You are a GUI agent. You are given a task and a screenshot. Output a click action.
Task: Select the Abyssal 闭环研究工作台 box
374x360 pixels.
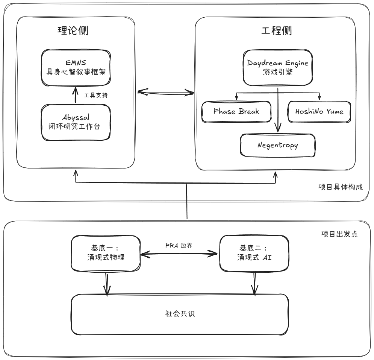(76, 122)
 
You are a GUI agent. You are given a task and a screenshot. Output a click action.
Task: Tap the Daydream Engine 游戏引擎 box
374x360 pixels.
(277, 67)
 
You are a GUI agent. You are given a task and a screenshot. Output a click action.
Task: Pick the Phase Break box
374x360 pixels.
(236, 112)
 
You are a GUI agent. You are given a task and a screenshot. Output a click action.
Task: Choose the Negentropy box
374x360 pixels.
(278, 145)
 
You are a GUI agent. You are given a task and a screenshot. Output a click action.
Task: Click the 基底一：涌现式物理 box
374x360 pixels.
(105, 253)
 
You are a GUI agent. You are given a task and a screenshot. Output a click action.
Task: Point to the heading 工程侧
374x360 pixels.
(277, 31)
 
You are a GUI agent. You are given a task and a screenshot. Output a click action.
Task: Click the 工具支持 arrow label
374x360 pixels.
(96, 95)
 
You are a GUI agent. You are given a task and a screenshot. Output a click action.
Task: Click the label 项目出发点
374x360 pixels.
(339, 234)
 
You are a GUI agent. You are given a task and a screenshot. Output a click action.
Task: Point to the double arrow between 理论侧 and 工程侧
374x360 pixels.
(165, 93)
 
